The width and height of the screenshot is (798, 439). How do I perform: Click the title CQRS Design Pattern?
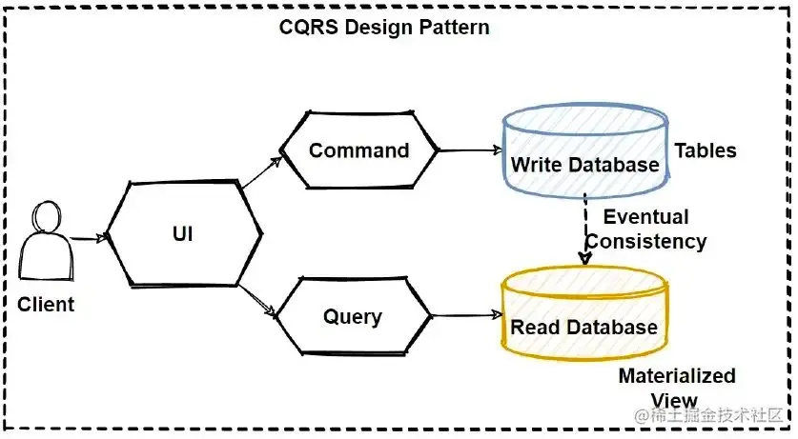[x=384, y=27]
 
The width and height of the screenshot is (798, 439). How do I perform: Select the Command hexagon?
[x=358, y=150]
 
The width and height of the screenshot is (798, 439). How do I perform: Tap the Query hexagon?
[x=353, y=317]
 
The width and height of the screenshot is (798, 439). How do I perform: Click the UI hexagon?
[x=182, y=232]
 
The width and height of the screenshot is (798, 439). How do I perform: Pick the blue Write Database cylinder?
[x=584, y=152]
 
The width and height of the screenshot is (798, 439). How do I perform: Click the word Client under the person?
[x=46, y=305]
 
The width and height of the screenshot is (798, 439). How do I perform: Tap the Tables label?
[x=706, y=150]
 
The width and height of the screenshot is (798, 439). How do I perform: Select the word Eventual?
[x=645, y=216]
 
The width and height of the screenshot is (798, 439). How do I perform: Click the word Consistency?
[x=646, y=241]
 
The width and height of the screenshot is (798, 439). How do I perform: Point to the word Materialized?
[x=677, y=375]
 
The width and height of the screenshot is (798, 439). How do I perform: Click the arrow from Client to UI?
[x=87, y=239]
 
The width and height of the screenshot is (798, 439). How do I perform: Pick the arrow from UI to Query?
[x=258, y=298]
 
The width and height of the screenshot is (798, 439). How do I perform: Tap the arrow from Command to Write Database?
[x=470, y=150]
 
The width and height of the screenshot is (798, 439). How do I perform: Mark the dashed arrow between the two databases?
[x=584, y=229]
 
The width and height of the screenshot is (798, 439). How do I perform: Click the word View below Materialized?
[x=673, y=401]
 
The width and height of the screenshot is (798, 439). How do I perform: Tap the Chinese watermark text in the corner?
[x=713, y=416]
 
